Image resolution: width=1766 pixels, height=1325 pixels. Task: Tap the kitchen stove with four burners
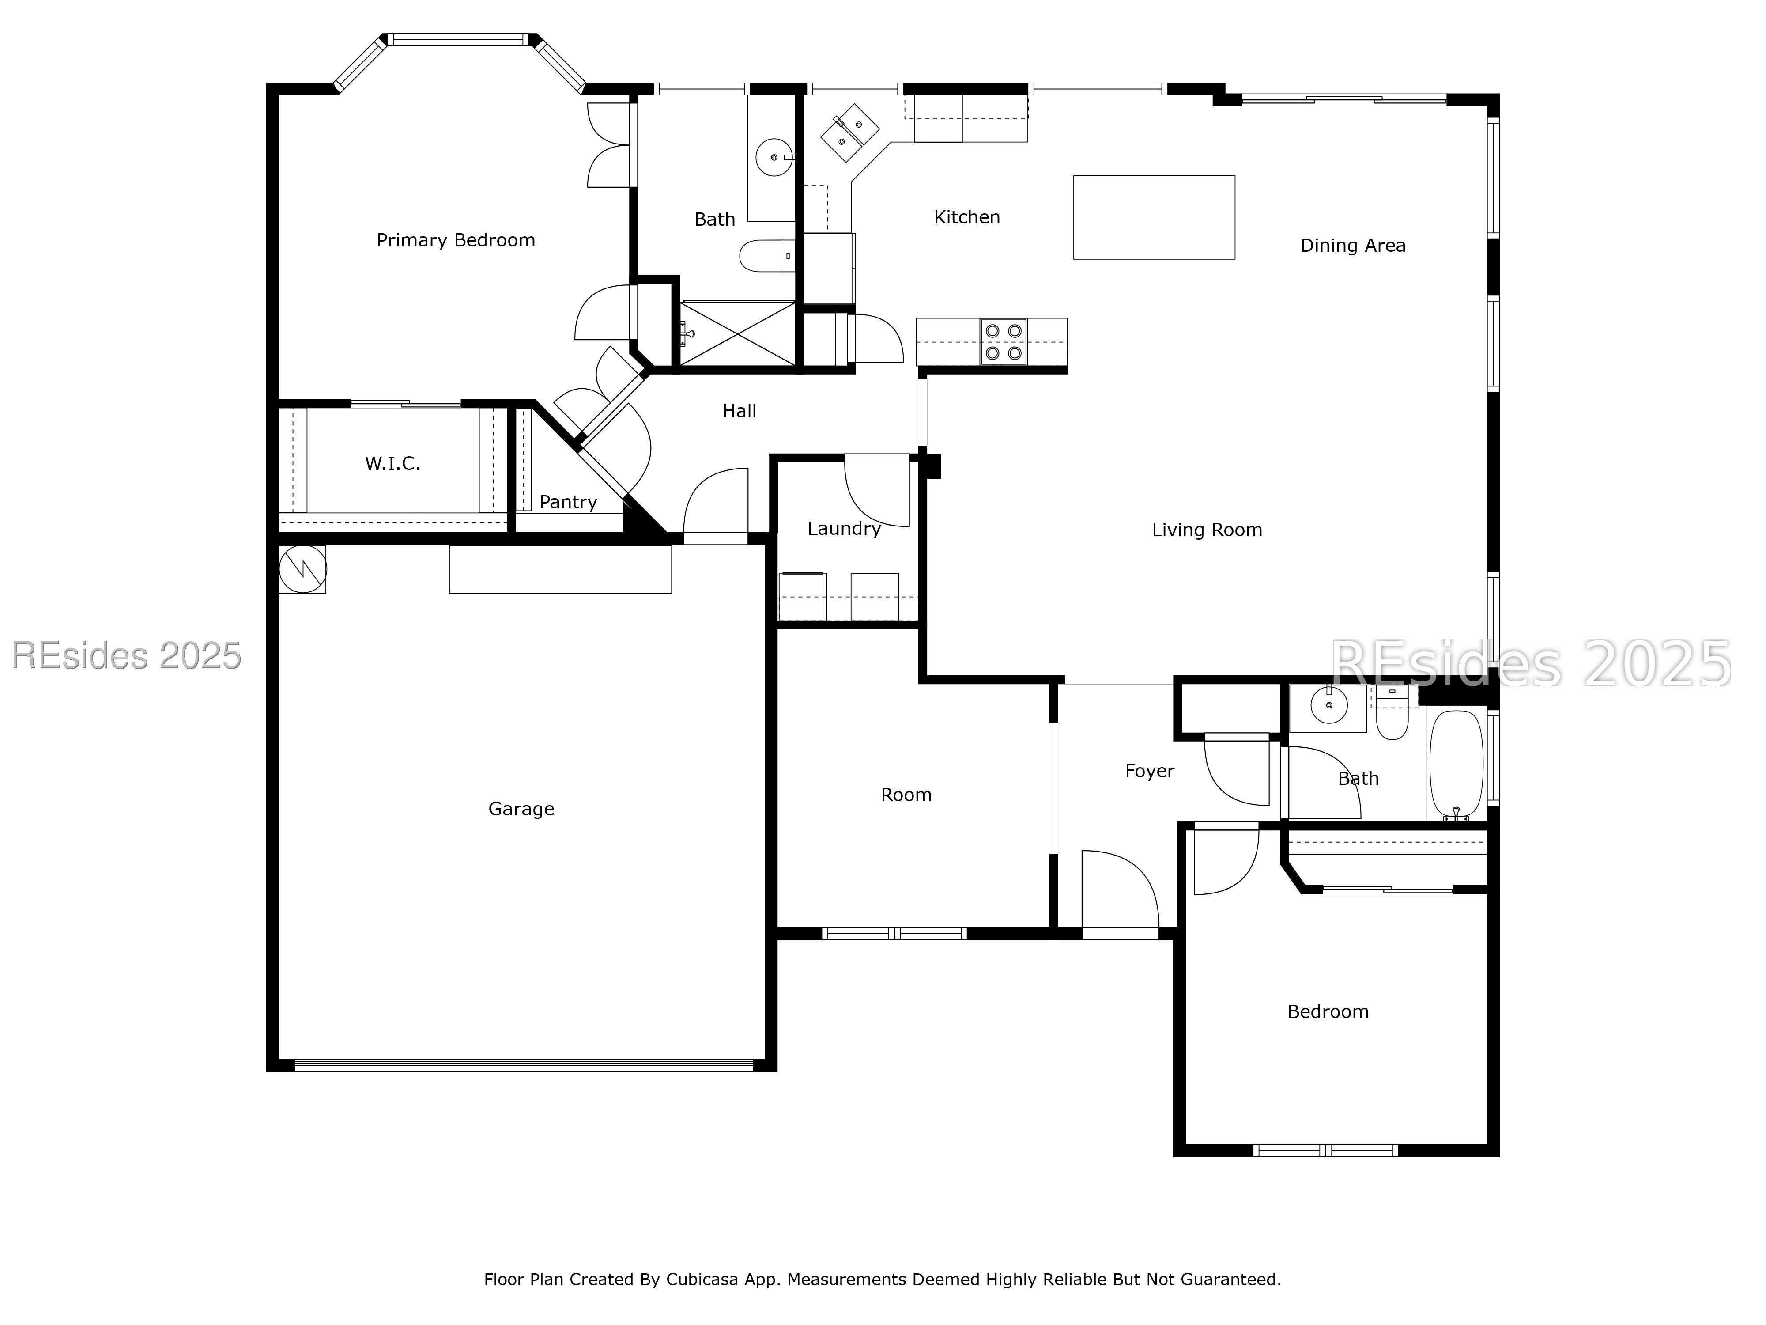pyautogui.click(x=1004, y=342)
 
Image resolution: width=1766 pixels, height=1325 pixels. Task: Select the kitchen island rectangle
pyautogui.click(x=1154, y=217)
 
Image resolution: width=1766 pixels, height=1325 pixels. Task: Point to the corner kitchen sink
pyautogui.click(x=849, y=132)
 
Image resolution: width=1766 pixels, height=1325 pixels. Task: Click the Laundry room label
pyautogui.click(x=844, y=529)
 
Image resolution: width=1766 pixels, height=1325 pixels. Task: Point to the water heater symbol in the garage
pyautogui.click(x=302, y=569)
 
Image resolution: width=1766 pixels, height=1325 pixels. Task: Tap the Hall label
pyautogui.click(x=739, y=411)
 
